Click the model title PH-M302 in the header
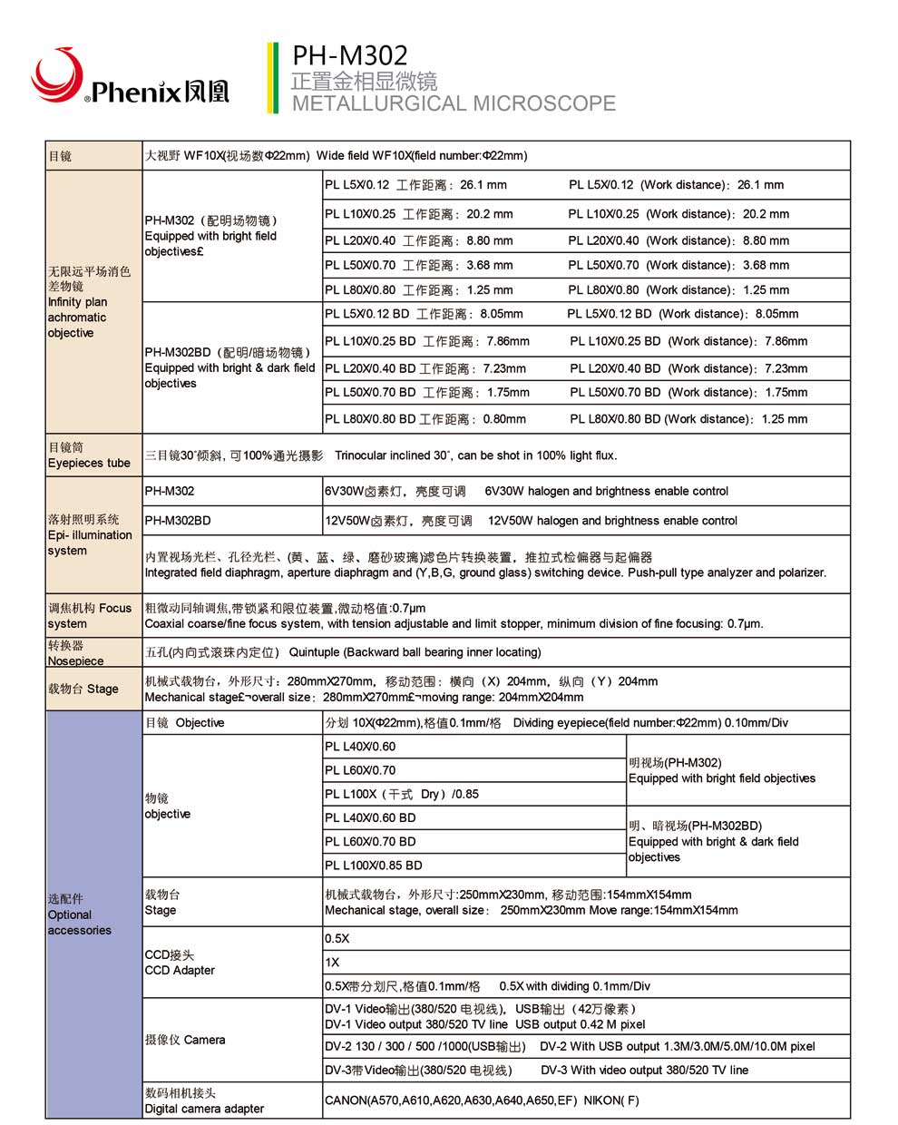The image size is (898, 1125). [x=349, y=56]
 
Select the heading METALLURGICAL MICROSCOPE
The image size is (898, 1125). [x=454, y=103]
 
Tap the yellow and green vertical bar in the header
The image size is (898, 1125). [x=272, y=78]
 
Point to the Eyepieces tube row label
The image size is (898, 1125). [x=89, y=455]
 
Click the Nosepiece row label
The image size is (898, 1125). [x=76, y=653]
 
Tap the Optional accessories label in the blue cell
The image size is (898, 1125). [x=80, y=915]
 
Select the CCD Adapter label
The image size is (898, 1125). [x=180, y=963]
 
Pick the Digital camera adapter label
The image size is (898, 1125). [x=204, y=1101]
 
